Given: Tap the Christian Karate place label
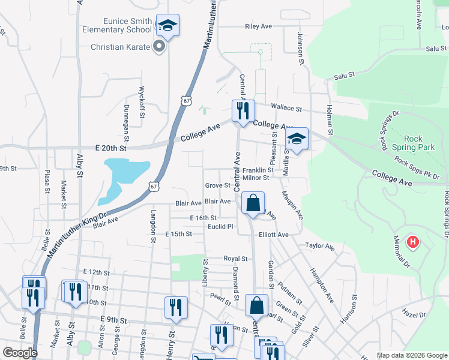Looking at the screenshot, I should (x=119, y=47).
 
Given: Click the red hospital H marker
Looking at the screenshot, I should (x=412, y=242).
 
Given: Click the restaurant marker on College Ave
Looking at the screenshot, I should (x=243, y=111).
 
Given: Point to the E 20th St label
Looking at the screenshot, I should (x=111, y=148).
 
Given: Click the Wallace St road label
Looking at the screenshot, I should (x=286, y=107).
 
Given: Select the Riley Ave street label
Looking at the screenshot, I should (x=259, y=26).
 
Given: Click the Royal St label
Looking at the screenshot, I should (x=236, y=259).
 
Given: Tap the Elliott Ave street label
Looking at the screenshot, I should (x=274, y=235).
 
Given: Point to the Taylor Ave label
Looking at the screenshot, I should (x=319, y=246).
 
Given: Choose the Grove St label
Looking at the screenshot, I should (x=217, y=185).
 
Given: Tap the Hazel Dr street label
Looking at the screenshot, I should (x=414, y=314).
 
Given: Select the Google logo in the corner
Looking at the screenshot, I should (x=20, y=353).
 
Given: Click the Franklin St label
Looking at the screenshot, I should (x=258, y=170).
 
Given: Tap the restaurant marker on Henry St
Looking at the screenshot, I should (x=176, y=307).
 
